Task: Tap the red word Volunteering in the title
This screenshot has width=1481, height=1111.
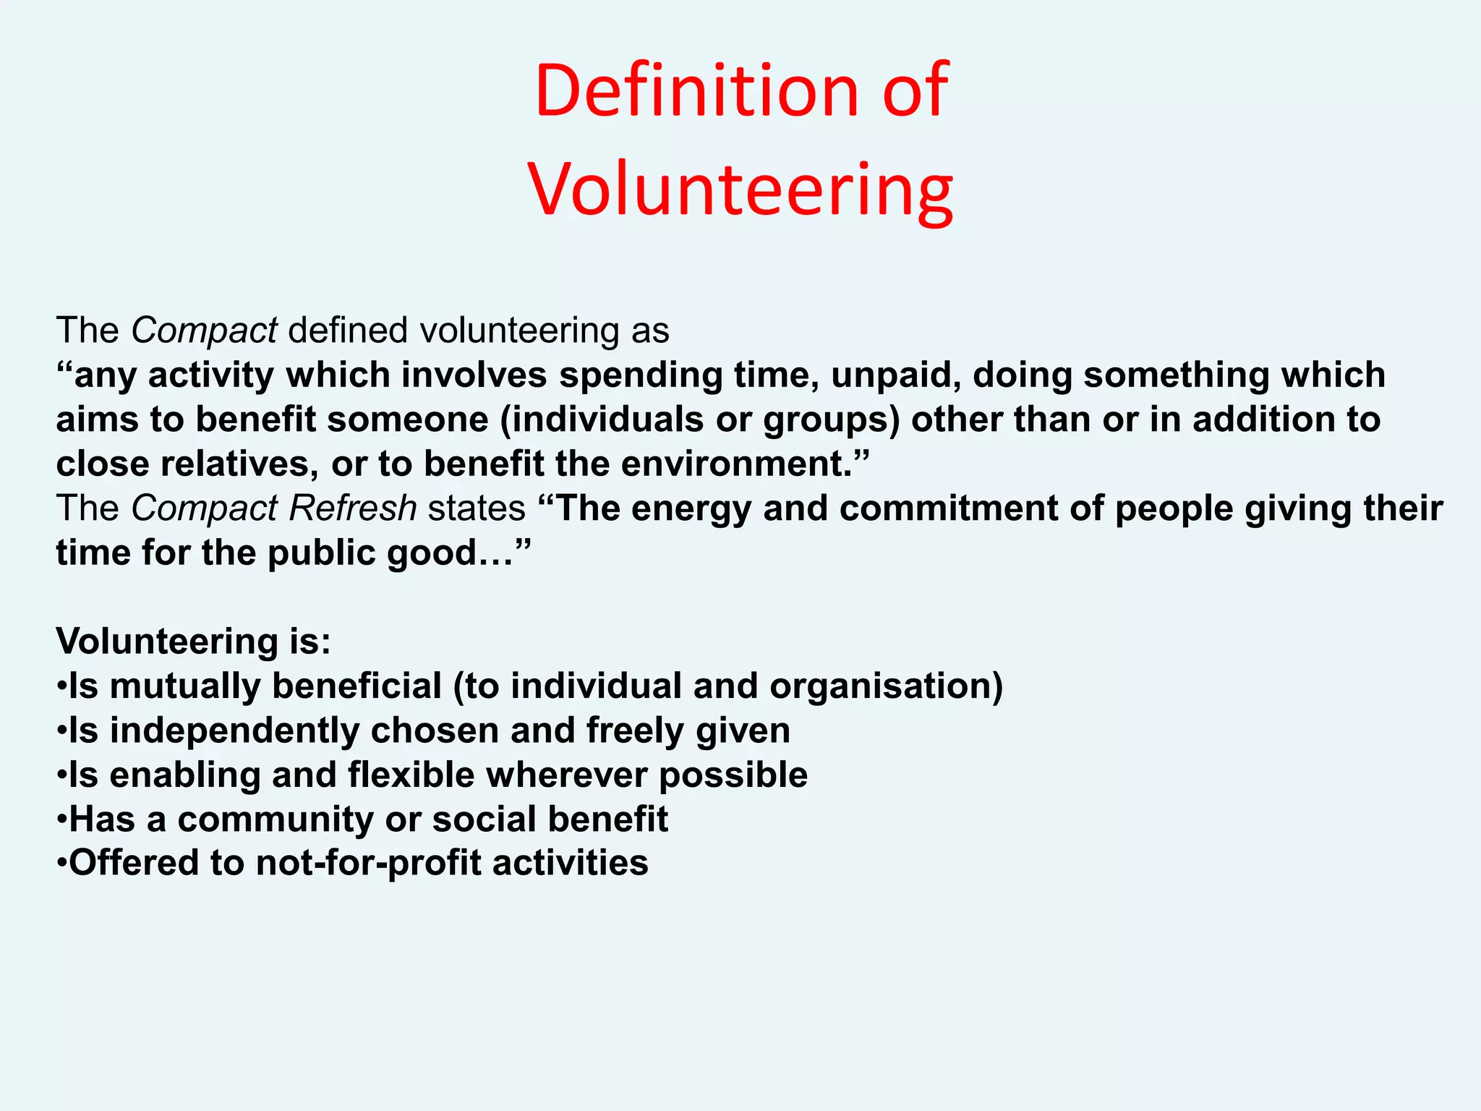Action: tap(740, 190)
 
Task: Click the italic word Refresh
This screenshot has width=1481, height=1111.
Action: tap(352, 508)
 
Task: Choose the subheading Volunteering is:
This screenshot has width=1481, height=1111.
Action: tap(193, 642)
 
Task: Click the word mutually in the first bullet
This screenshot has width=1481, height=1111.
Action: tap(184, 686)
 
